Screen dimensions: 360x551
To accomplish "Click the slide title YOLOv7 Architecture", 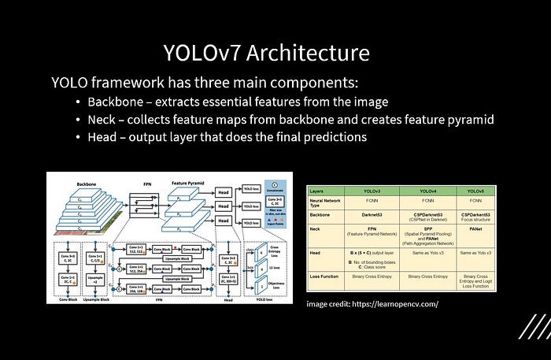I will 266,53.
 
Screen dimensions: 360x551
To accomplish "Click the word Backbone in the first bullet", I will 115,102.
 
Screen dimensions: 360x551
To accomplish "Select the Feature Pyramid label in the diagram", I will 189,182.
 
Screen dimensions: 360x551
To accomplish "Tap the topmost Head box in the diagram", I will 224,190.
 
